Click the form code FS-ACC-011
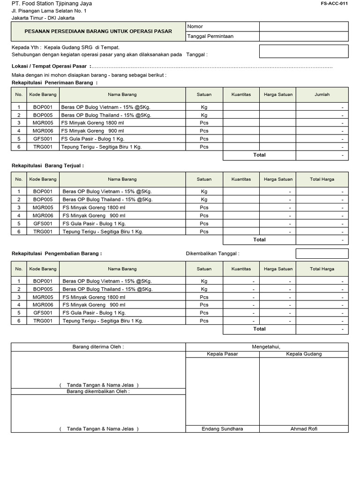coord(334,3)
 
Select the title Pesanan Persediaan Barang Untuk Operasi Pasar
coord(98,31)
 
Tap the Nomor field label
coord(195,27)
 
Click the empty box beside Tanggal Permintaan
coord(304,36)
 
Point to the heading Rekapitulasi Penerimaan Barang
coord(54,82)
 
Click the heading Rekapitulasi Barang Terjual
coord(47,165)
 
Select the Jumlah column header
coord(322,94)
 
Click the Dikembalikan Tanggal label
coord(212,254)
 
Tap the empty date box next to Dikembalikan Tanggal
coord(322,254)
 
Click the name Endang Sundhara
coord(222,429)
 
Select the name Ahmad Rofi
coord(304,429)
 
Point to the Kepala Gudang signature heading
coord(304,354)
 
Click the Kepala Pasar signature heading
coord(222,354)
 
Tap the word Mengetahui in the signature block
coord(267,347)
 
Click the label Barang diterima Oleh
coord(98,347)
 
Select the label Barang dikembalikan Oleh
coord(98,391)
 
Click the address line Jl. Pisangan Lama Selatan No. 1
coord(49,11)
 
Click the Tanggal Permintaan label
coord(210,36)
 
